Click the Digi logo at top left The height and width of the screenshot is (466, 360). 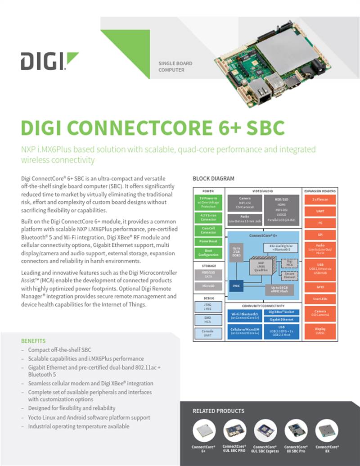pos(49,61)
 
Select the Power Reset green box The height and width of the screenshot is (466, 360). pos(208,241)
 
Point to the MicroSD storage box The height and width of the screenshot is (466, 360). pos(208,286)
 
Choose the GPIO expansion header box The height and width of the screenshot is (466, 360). pos(319,286)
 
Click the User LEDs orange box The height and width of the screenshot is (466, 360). pos(319,299)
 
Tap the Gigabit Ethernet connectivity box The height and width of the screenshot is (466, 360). pos(281,319)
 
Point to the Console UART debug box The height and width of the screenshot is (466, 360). pos(208,333)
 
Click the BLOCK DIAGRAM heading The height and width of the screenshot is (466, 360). pos(213,179)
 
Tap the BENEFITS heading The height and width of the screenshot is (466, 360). pos(33,341)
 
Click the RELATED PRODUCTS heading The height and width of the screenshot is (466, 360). pos(218,411)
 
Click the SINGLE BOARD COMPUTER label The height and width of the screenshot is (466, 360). pos(175,67)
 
